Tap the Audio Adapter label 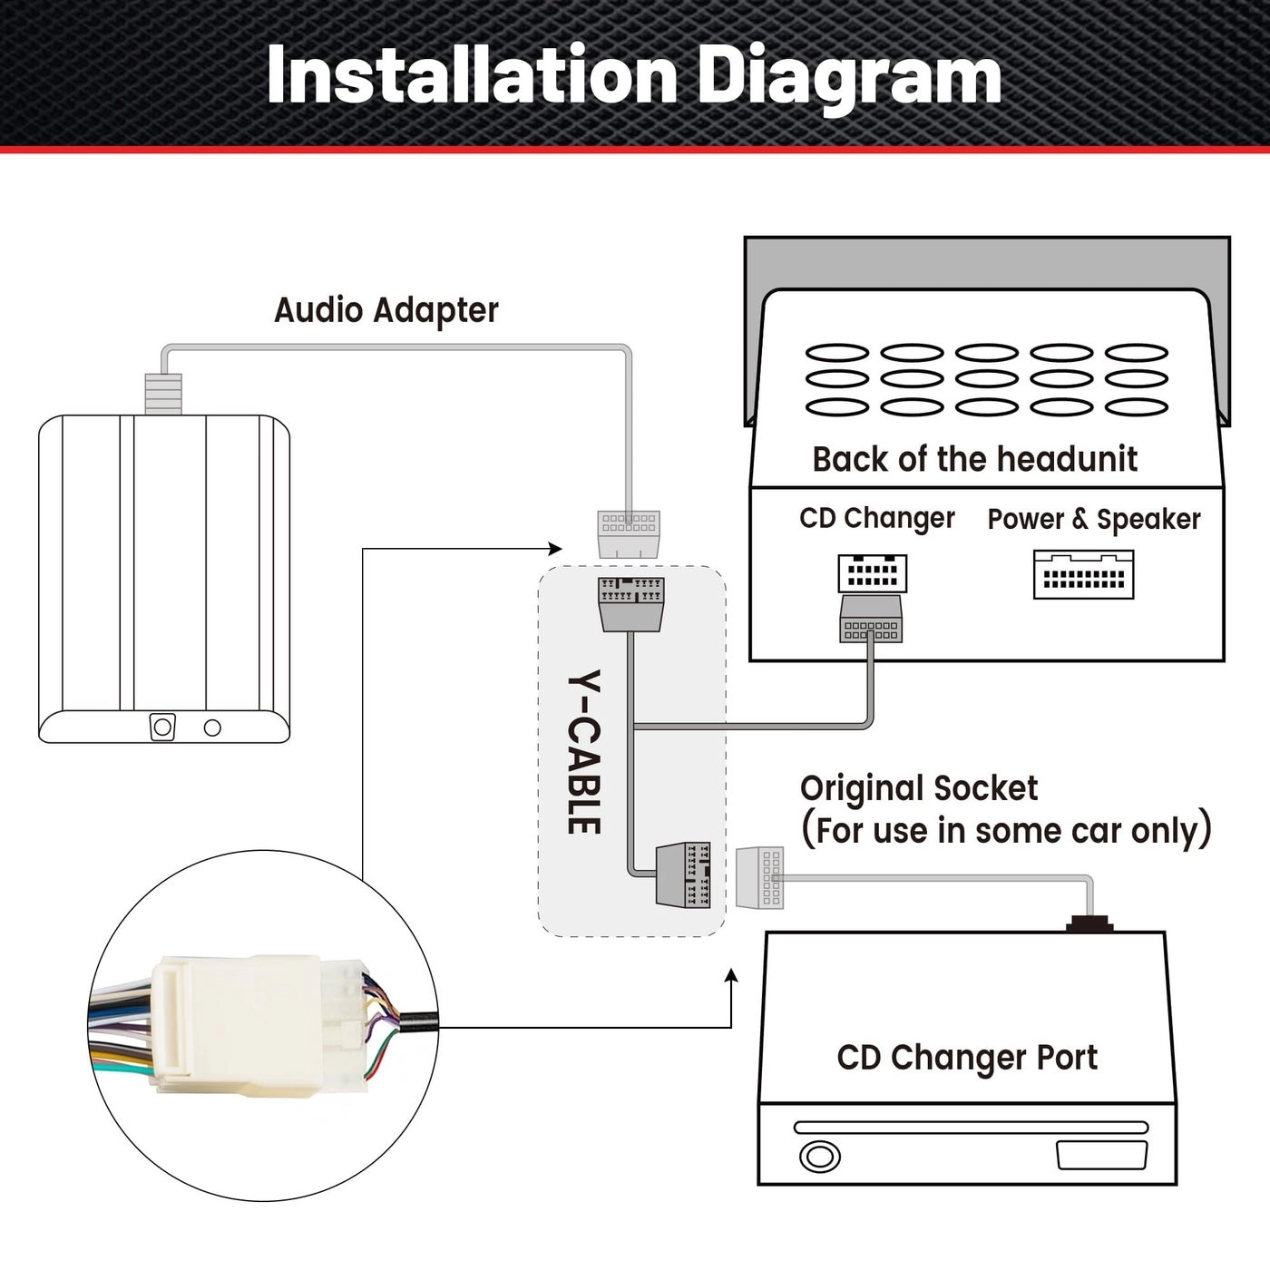tap(386, 310)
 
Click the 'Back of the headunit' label tap(974, 459)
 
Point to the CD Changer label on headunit tap(876, 518)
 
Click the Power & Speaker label tap(1093, 519)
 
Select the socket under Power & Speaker tap(1083, 575)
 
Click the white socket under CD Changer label tap(872, 572)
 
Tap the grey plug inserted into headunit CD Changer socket tap(871, 619)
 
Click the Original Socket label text tap(918, 788)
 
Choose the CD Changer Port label tap(967, 1058)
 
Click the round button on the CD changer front tap(819, 1157)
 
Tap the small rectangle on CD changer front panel tap(1101, 1155)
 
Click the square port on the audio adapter tap(162, 728)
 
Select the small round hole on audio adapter tap(212, 728)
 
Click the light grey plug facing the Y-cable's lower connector tap(760, 877)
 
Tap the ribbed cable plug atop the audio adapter tap(163, 394)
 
